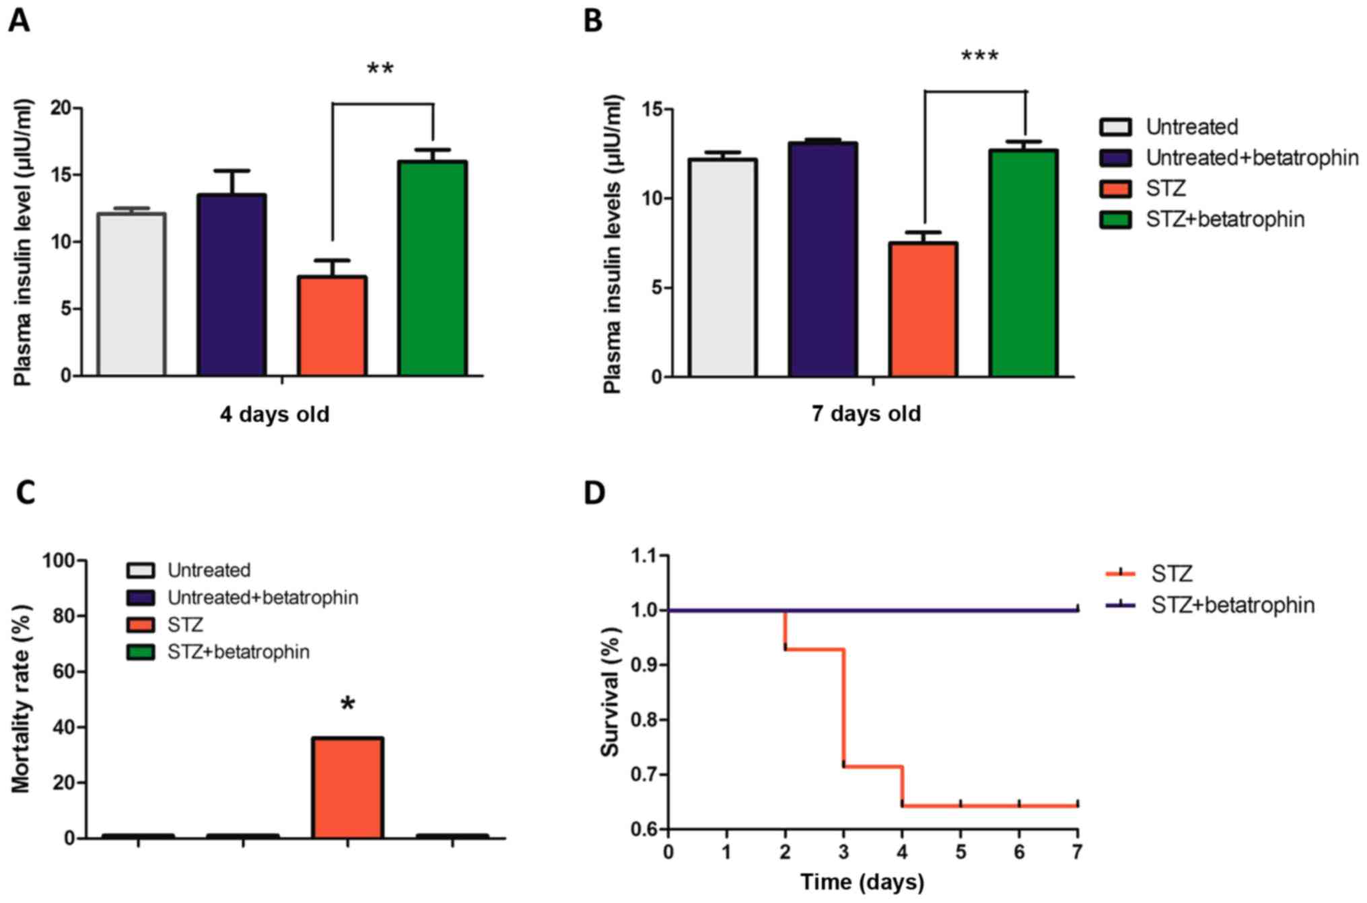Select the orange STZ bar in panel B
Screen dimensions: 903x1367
923,310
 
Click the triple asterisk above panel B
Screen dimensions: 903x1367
979,57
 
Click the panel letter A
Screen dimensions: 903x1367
19,21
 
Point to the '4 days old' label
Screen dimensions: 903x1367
275,414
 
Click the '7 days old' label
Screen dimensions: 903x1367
866,413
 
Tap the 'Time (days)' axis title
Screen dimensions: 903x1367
862,881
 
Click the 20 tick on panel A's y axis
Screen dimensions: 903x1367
61,108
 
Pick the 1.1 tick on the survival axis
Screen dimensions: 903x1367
643,556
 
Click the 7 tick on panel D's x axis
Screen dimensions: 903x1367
1077,852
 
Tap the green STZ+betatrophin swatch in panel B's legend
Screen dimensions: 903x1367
1115,219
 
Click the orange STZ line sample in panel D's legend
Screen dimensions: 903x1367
1121,573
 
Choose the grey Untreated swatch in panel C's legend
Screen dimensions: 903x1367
141,571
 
